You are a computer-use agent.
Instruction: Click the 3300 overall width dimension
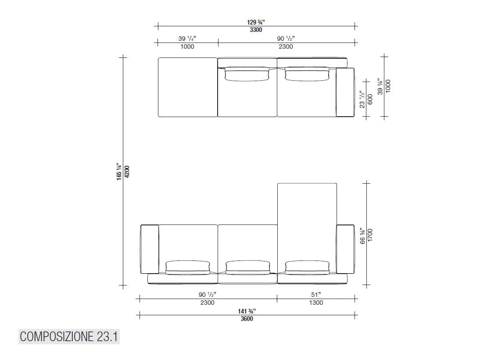256,30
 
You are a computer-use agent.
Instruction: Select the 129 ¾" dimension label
256,22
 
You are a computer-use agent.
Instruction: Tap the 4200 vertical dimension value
127,171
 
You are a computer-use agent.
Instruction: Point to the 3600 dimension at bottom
247,319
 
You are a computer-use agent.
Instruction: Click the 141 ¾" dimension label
247,311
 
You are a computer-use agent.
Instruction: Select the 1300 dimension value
316,303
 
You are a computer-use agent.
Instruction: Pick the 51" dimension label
316,295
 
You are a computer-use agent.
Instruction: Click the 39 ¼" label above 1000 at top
187,39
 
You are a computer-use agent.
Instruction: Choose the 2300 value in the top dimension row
286,46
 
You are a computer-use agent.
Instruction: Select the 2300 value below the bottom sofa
207,303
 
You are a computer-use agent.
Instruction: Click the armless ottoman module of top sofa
187,87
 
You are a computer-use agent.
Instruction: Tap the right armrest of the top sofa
345,92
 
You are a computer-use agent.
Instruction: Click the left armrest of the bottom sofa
149,249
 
